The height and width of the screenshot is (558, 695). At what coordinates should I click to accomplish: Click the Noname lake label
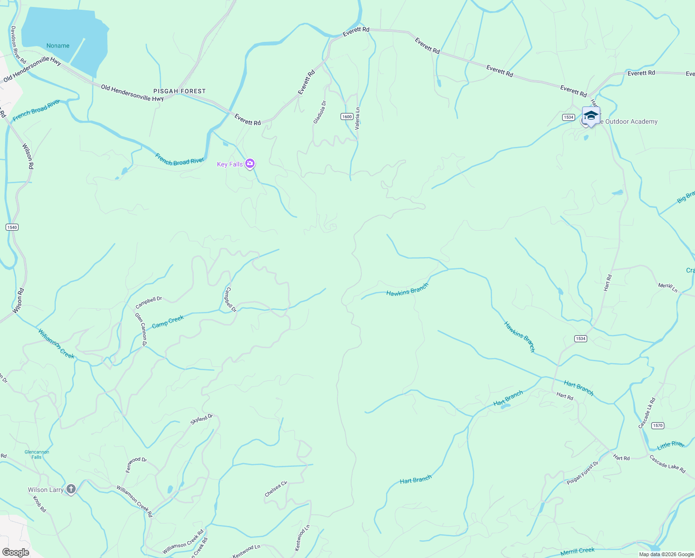[58, 46]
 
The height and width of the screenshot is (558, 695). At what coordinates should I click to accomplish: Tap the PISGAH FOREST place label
[180, 91]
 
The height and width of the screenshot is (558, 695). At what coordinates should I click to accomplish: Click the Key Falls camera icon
[250, 163]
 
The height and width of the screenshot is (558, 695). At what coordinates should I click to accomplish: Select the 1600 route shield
[347, 116]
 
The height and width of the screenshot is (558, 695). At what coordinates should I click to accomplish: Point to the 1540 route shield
[12, 227]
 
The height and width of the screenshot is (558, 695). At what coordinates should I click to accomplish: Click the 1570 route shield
[658, 425]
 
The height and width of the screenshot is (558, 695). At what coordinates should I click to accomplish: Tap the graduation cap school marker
[591, 116]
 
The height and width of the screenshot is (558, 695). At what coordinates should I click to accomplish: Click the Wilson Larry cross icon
[71, 489]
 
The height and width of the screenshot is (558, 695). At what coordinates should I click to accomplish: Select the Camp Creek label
[168, 321]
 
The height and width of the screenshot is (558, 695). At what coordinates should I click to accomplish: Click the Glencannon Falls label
[37, 454]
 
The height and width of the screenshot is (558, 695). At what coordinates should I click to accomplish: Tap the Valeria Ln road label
[357, 118]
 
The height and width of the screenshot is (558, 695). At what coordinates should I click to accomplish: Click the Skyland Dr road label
[202, 419]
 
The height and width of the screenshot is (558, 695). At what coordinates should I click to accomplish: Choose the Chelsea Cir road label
[276, 489]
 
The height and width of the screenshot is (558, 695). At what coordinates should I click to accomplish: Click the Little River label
[671, 445]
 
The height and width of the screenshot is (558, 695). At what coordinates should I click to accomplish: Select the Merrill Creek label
[577, 551]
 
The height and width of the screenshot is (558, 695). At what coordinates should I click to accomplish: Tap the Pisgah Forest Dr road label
[583, 473]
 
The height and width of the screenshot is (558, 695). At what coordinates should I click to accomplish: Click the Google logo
[16, 552]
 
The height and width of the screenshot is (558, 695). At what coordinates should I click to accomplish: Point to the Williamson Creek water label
[56, 344]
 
